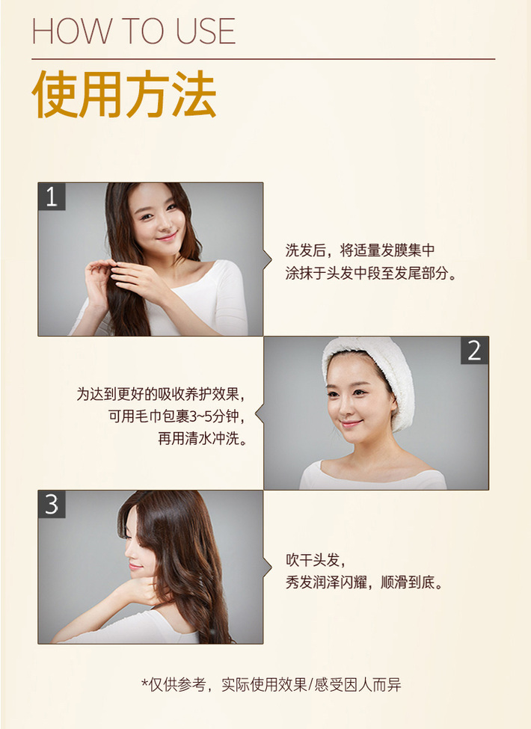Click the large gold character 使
(x=55, y=94)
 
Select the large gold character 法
(x=194, y=94)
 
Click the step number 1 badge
(x=52, y=196)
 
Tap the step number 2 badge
(x=474, y=351)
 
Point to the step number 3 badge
(x=52, y=505)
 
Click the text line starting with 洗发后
(x=360, y=250)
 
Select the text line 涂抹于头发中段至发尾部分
(x=371, y=273)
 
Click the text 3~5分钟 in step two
(x=212, y=416)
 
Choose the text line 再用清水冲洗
(x=202, y=438)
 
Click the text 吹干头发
(x=316, y=560)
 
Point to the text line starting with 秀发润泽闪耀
(x=364, y=582)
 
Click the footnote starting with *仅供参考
(x=271, y=684)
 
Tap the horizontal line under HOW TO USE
(x=263, y=59)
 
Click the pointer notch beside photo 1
(x=268, y=259)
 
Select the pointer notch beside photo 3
(x=268, y=567)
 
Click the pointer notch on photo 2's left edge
(x=260, y=413)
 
